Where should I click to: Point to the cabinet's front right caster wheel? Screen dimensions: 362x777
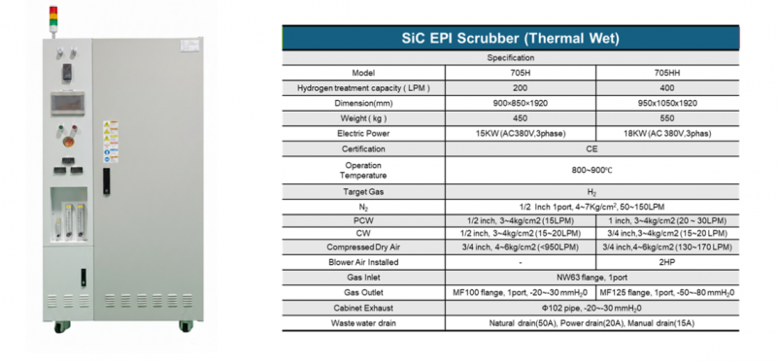click(x=185, y=326)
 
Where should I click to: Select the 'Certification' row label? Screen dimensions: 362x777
click(x=363, y=148)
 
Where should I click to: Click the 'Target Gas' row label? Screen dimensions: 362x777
click(x=363, y=192)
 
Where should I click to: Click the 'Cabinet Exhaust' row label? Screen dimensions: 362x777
click(x=363, y=307)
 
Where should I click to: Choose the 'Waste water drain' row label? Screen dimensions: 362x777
click(x=363, y=322)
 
